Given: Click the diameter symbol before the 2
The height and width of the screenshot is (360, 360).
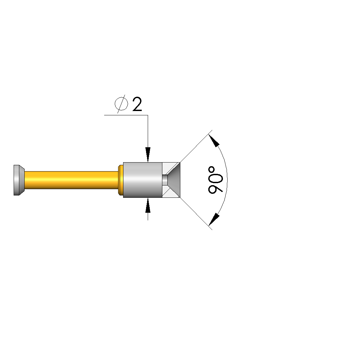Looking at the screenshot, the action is pos(121,104).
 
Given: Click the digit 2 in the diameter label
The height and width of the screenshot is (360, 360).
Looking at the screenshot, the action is pos(137,104).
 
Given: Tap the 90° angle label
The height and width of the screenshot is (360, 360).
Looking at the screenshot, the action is pos(216,180).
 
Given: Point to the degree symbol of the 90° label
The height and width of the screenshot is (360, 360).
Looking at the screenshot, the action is pos(212,170).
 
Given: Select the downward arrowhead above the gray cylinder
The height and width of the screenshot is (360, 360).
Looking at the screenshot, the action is pos(148,155).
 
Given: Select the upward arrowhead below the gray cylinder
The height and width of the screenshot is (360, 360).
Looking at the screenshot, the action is pos(148,205).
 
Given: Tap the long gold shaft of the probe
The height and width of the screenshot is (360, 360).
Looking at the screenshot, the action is pos(72,180).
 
